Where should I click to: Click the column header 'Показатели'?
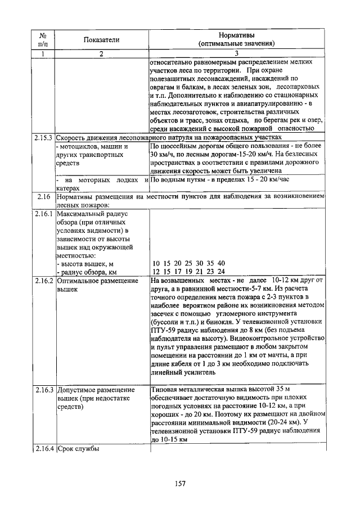click(102, 39)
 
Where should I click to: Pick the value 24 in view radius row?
click(220, 272)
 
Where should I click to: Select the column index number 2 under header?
click(102, 53)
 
